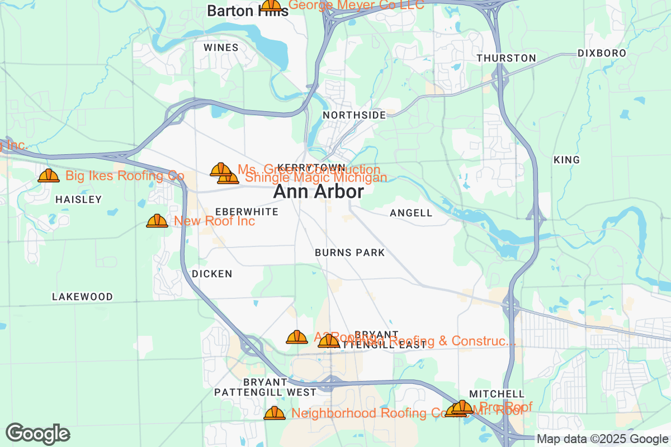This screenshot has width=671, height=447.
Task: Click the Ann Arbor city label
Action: [318, 192]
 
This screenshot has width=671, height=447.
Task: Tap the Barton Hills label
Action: [247, 11]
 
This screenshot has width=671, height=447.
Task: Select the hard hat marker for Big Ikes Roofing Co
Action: [49, 175]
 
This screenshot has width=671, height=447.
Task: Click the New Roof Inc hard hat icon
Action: [157, 221]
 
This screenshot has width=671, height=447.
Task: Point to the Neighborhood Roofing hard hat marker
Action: [274, 413]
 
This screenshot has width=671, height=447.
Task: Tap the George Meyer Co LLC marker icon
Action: [271, 5]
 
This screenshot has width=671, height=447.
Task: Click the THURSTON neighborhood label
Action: [506, 58]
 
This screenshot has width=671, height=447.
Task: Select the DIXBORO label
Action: [602, 54]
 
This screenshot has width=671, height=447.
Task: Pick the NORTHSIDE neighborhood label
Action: [355, 115]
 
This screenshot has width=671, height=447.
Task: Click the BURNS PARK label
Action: [349, 253]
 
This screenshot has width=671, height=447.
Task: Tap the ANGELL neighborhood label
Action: [411, 213]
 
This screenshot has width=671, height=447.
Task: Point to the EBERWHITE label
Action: [247, 212]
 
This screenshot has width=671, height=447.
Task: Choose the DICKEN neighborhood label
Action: [211, 274]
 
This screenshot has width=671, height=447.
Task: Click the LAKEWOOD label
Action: [82, 297]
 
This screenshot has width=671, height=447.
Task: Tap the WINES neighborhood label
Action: [221, 47]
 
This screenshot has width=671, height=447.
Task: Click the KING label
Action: [566, 160]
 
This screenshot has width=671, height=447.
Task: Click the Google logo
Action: [38, 434]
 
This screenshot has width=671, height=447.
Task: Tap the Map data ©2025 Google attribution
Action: [602, 439]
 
